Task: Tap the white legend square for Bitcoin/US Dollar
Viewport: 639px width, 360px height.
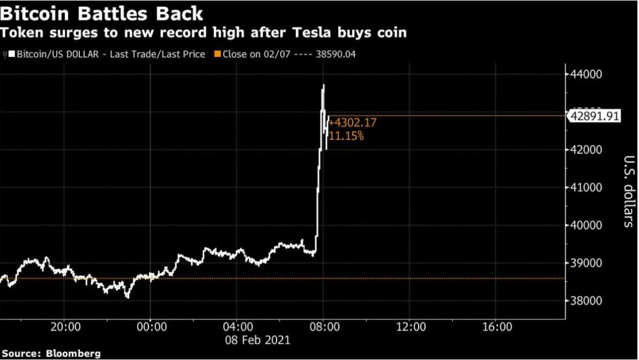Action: coord(11,54)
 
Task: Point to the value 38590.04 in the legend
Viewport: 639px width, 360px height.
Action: coord(336,54)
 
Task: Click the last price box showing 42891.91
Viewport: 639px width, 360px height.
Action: coord(593,115)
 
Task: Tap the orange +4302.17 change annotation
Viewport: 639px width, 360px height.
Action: coord(352,123)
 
